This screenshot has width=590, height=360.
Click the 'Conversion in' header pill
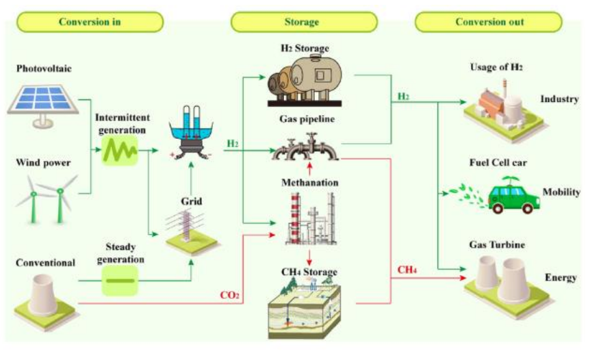tap(90, 22)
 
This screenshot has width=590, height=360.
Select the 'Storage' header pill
tap(301, 22)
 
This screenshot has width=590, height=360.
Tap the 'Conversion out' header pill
tap(489, 22)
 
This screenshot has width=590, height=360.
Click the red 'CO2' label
tap(229, 296)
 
